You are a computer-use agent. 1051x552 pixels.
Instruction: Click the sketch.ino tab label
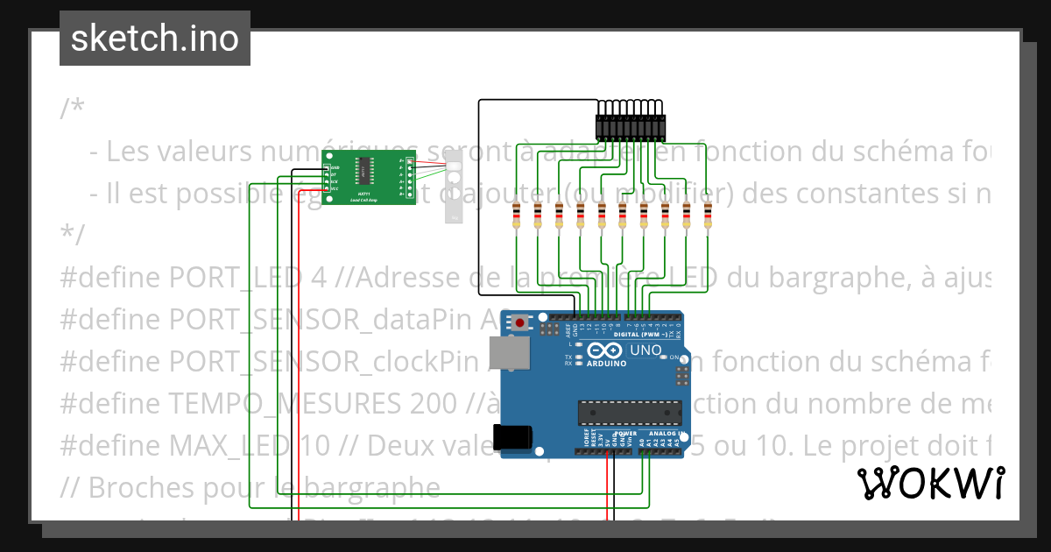pyautogui.click(x=155, y=39)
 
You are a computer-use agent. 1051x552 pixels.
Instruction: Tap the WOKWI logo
pyautogui.click(x=930, y=483)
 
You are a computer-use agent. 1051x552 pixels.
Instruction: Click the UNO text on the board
pyautogui.click(x=645, y=350)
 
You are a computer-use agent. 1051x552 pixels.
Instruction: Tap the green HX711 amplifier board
pyautogui.click(x=368, y=178)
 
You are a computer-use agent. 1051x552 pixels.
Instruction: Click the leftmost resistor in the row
pyautogui.click(x=517, y=216)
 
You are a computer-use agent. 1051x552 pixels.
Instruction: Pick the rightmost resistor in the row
pyautogui.click(x=707, y=216)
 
